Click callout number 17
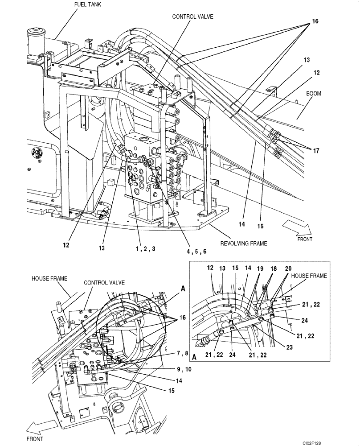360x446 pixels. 315,151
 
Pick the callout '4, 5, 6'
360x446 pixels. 196,251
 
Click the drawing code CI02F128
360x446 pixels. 342,441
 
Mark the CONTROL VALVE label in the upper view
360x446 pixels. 193,17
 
